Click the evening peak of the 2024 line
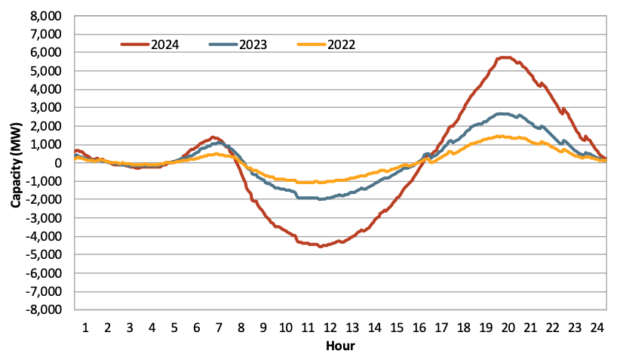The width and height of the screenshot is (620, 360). pyautogui.click(x=504, y=57)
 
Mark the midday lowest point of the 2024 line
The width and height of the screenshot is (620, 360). pyautogui.click(x=320, y=246)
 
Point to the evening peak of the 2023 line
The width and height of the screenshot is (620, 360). pyautogui.click(x=504, y=114)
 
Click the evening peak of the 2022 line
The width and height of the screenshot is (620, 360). pyautogui.click(x=501, y=137)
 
